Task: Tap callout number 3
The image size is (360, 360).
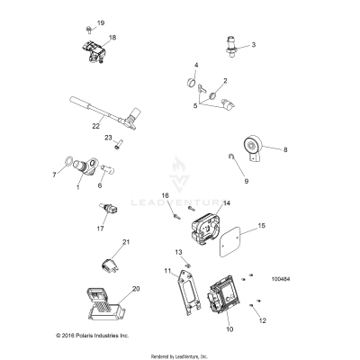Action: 253,44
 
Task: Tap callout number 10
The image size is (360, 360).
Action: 229,330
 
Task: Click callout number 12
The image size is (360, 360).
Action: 263,319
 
